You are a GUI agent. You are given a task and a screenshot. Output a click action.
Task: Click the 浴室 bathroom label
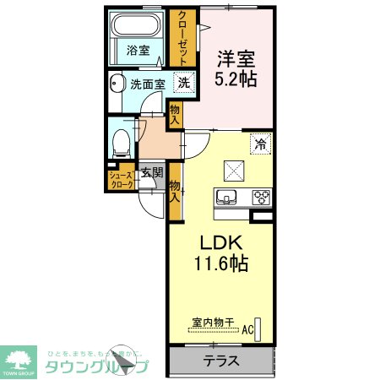pyautogui.click(x=138, y=51)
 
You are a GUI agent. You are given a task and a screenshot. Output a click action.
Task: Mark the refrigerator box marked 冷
pyautogui.click(x=260, y=144)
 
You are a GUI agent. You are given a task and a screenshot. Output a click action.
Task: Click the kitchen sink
pyautogui.click(x=226, y=198)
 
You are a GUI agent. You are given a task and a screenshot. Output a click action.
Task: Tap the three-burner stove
pyautogui.click(x=260, y=198)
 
